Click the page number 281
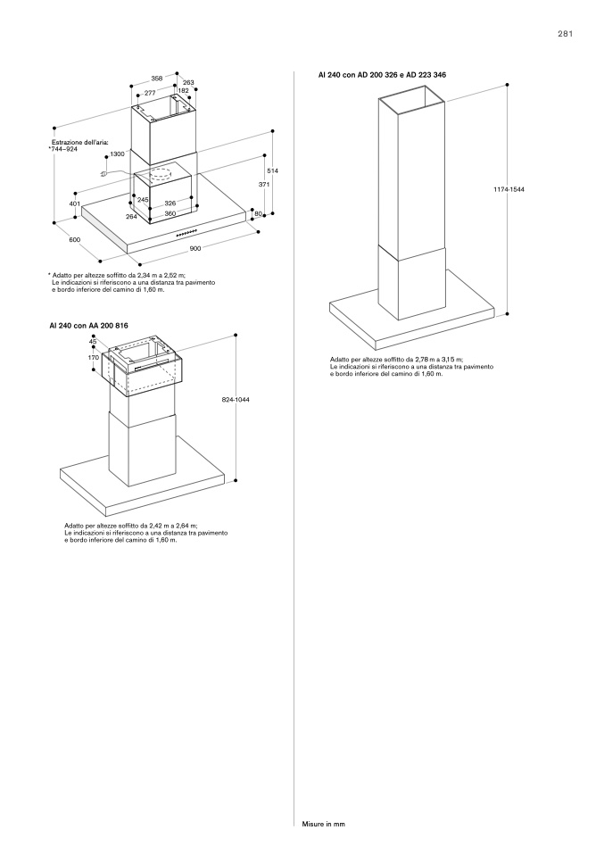pyautogui.click(x=565, y=34)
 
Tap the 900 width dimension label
pyautogui.click(x=195, y=249)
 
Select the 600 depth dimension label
pyautogui.click(x=75, y=239)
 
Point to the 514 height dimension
pyautogui.click(x=274, y=171)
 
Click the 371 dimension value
pyautogui.click(x=264, y=185)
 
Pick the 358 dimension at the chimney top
pyautogui.click(x=156, y=79)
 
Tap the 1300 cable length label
pyautogui.click(x=117, y=154)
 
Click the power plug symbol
pyautogui.click(x=103, y=173)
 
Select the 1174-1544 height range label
pyautogui.click(x=509, y=190)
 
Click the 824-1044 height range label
pyautogui.click(x=236, y=400)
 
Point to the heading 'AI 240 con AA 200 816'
pyautogui.click(x=89, y=326)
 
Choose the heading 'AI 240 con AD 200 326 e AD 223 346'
pyautogui.click(x=382, y=75)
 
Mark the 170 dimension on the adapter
pyautogui.click(x=94, y=358)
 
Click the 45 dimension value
pyautogui.click(x=93, y=342)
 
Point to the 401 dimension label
pyautogui.click(x=75, y=204)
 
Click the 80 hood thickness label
pyautogui.click(x=259, y=213)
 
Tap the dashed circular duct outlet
pyautogui.click(x=161, y=176)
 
